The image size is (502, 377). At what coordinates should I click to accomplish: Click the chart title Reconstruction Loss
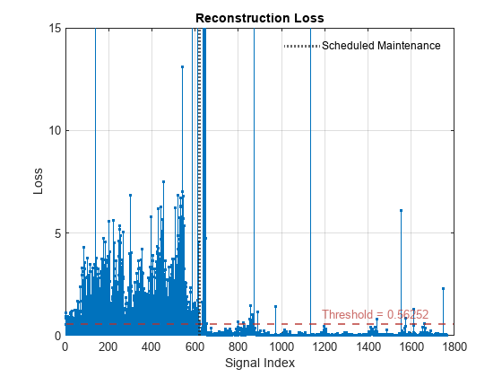[259, 18]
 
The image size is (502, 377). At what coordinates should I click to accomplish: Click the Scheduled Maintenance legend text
[381, 46]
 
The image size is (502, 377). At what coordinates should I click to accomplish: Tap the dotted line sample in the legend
[301, 46]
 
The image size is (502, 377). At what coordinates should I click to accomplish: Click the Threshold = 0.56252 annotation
[375, 315]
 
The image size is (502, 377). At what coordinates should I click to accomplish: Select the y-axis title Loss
[38, 181]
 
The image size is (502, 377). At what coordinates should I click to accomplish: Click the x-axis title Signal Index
[259, 364]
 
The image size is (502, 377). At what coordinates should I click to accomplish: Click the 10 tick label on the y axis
[54, 130]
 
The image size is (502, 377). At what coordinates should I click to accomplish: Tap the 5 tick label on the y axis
[56, 232]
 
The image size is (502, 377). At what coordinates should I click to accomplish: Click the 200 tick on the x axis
[108, 347]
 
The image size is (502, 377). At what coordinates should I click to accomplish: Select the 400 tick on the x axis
[151, 347]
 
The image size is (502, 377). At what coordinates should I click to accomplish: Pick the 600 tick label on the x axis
[195, 347]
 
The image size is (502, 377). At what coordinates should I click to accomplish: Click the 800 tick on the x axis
[238, 347]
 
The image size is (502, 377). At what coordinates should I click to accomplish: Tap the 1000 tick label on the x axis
[281, 347]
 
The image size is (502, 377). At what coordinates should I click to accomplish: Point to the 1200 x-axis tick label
[325, 347]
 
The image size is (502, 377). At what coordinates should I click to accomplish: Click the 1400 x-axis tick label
[368, 347]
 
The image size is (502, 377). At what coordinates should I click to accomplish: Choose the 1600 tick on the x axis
[411, 347]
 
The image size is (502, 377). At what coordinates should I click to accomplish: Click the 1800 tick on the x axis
[454, 347]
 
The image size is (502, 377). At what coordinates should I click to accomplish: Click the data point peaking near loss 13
[182, 67]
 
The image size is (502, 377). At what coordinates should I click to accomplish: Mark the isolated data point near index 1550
[401, 211]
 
